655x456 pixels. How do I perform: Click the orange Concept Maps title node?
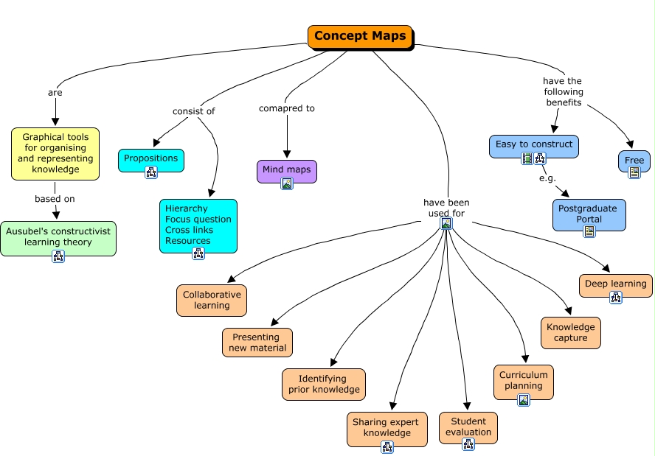tap(359, 37)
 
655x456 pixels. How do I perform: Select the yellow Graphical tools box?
tap(55, 153)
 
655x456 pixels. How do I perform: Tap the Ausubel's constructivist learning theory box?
tap(58, 237)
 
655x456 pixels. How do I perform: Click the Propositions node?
tap(150, 158)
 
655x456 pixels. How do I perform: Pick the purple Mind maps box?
tap(287, 170)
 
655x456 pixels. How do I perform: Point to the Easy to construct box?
tap(533, 145)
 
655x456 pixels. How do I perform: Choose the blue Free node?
tap(634, 161)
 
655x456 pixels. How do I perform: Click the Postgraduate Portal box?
tap(589, 214)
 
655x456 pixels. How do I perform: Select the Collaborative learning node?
tap(212, 301)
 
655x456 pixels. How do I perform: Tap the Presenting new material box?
tap(257, 343)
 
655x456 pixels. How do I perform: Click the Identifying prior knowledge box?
tap(324, 385)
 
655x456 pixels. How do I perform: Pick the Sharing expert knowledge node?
tap(387, 428)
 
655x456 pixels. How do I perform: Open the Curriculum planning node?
tap(524, 381)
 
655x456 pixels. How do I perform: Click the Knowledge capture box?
tap(571, 333)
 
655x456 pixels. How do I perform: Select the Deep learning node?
tap(615, 284)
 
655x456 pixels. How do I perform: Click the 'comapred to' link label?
tap(287, 108)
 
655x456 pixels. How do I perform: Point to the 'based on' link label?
tap(55, 198)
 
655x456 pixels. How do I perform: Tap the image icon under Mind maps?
tap(287, 183)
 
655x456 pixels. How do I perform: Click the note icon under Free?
tap(634, 172)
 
